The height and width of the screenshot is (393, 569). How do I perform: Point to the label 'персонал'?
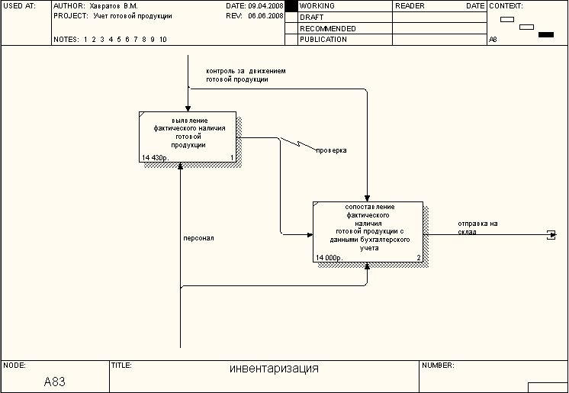click(198, 238)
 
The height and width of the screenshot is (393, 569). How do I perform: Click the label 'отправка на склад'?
click(477, 227)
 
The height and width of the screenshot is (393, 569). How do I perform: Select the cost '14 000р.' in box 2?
click(330, 258)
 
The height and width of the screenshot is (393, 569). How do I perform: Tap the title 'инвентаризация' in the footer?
click(274, 369)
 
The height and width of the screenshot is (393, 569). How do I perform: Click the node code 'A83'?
click(55, 381)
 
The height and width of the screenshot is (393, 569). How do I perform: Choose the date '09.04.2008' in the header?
click(265, 5)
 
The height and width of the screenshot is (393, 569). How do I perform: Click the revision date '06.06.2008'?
click(265, 15)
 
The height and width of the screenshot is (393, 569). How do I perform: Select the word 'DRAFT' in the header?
click(311, 17)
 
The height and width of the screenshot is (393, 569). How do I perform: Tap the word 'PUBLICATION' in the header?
click(323, 40)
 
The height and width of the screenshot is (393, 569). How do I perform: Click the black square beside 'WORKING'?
click(291, 6)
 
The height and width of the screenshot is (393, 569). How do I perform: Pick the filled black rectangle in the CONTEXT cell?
click(545, 34)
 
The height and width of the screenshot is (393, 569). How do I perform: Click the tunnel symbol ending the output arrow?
click(551, 234)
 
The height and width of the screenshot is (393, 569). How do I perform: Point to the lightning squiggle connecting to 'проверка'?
click(297, 143)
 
